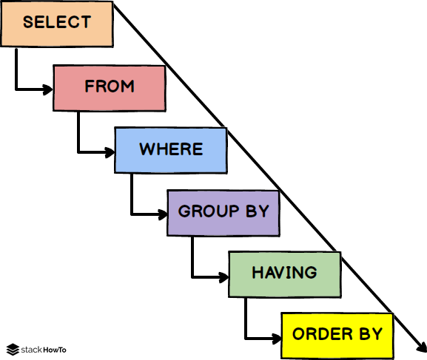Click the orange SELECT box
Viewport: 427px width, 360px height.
[x=57, y=24]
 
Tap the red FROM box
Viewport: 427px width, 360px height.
[x=110, y=88]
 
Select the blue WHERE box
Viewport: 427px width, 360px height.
[x=171, y=150]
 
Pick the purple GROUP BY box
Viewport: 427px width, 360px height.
[x=223, y=213]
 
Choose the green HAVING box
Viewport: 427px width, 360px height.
[x=285, y=274]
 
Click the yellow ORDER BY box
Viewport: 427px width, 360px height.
[x=337, y=336]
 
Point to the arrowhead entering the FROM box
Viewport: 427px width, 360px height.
[x=48, y=89]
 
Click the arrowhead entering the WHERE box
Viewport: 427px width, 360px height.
[x=110, y=152]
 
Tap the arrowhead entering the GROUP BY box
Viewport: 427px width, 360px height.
[x=163, y=214]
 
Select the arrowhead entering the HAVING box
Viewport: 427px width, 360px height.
[x=223, y=277]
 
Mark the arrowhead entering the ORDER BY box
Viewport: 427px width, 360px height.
[x=277, y=339]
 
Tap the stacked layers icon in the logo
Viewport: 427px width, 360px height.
[x=13, y=350]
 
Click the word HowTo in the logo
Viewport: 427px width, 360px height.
[x=55, y=350]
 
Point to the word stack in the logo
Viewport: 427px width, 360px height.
[x=32, y=350]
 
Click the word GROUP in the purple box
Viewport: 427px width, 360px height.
[x=209, y=211]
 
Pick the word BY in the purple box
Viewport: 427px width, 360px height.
[x=258, y=211]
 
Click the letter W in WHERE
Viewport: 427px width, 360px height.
[x=147, y=149]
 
